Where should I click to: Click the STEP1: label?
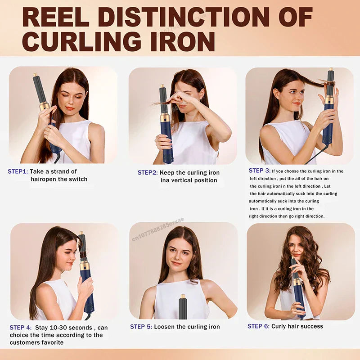[x=18, y=171]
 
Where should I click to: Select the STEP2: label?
[x=147, y=173]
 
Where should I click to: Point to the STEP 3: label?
[x=260, y=171]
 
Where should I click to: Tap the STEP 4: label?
[x=21, y=328]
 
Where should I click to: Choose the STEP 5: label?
[x=141, y=327]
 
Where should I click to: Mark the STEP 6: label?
[x=259, y=326]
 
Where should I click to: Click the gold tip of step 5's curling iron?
[x=183, y=297]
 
